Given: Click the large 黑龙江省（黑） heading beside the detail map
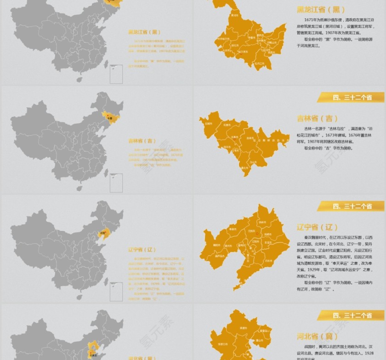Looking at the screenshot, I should coord(320,9).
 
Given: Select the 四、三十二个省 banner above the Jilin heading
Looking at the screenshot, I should coord(352,97).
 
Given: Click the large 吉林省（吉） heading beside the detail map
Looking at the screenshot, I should coord(317,119).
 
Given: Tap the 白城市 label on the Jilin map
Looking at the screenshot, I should coord(209,124).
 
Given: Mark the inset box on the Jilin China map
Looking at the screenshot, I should coord(116,183).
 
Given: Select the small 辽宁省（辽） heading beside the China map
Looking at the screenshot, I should coord(142,250).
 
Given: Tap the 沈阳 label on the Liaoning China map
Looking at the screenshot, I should coord(103,233).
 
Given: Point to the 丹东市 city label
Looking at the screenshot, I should coord(268,261).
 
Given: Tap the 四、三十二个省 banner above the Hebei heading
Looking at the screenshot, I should coord(352,315).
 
